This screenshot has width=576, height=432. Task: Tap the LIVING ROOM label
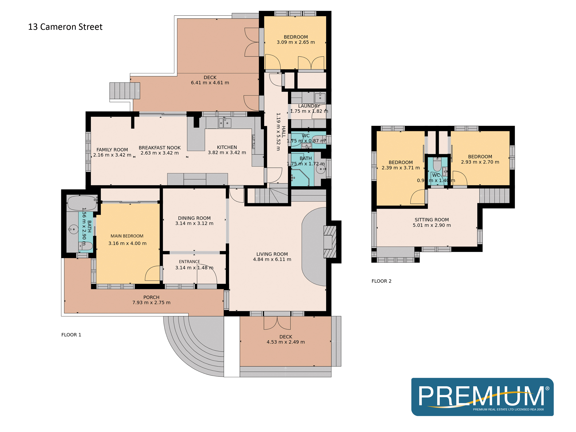click(x=272, y=254)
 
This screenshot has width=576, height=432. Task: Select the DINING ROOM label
click(x=194, y=218)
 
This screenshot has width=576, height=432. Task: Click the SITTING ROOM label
click(x=432, y=220)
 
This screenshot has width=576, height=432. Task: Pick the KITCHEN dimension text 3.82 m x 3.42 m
click(x=227, y=153)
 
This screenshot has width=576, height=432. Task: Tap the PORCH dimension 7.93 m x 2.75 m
click(x=151, y=303)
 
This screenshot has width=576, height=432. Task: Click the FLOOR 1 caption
click(x=71, y=335)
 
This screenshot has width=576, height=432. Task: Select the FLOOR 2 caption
click(x=381, y=281)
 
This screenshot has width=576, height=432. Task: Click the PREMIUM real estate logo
click(x=482, y=397)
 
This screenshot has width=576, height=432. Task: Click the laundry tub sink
click(x=320, y=98)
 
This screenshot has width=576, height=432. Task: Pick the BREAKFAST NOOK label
click(x=160, y=148)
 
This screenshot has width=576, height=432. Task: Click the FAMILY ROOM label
click(x=112, y=150)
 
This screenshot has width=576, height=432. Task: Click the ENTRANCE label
click(x=189, y=262)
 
